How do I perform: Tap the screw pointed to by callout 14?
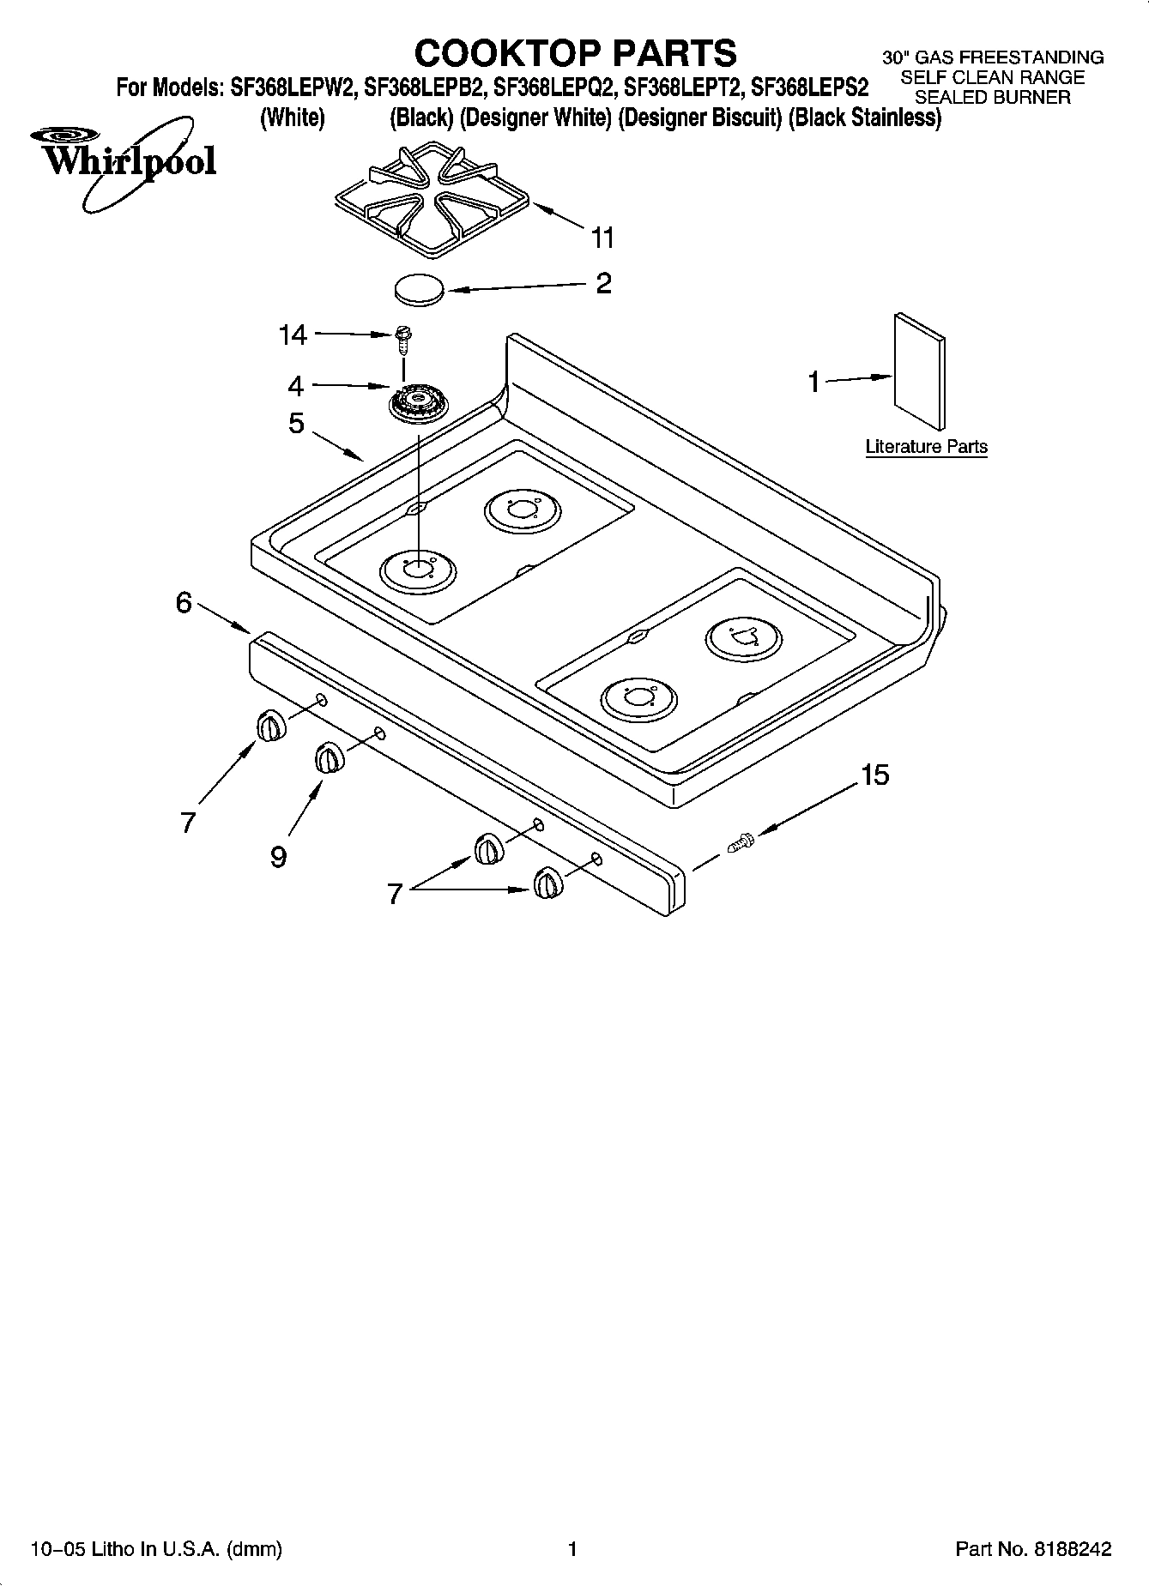[x=402, y=340]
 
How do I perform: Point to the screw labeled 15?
[x=741, y=843]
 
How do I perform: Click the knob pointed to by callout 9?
[x=329, y=758]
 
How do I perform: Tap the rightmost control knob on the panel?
[x=547, y=883]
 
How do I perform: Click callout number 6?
[x=184, y=603]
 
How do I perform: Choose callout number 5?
[x=296, y=423]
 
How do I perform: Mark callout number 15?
[x=874, y=775]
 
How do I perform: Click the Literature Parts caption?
[x=926, y=447]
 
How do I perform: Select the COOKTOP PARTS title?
[x=575, y=53]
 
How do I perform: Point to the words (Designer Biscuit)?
[x=698, y=118]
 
